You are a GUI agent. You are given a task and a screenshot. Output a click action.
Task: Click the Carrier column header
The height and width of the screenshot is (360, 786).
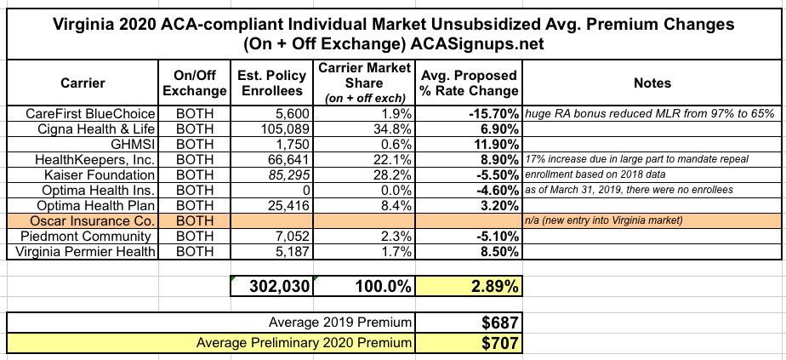click(83, 83)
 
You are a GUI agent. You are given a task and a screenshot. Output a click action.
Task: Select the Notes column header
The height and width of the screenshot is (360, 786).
click(652, 83)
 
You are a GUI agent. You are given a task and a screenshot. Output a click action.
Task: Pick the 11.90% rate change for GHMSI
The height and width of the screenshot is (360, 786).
click(493, 144)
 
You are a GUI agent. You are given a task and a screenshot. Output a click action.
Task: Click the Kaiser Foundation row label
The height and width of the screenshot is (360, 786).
click(100, 174)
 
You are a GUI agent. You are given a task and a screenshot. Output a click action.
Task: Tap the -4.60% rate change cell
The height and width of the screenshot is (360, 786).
click(493, 190)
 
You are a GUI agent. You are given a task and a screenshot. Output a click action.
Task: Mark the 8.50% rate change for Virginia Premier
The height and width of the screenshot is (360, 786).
click(497, 250)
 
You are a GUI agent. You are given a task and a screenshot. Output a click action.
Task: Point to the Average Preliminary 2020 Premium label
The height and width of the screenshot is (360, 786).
click(304, 343)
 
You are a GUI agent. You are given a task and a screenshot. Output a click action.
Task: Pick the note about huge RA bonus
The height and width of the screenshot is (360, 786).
click(650, 114)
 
